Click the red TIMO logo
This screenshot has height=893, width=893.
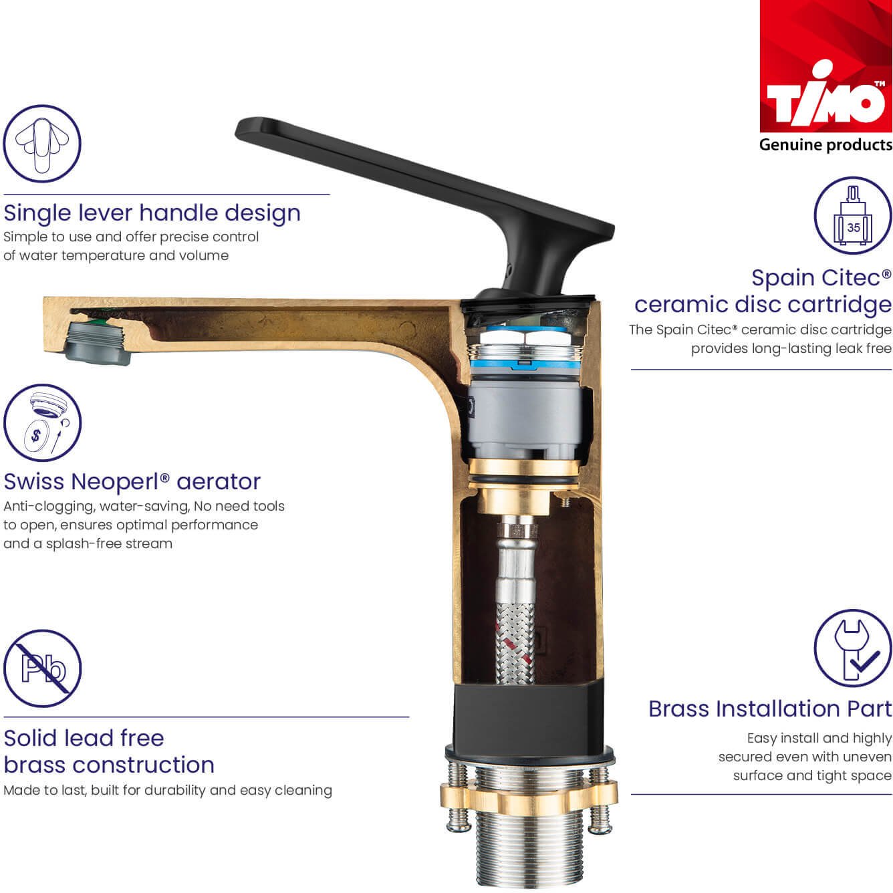(825, 66)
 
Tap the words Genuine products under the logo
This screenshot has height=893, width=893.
(825, 145)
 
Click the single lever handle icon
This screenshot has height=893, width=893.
(42, 144)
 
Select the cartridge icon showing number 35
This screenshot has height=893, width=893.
(853, 215)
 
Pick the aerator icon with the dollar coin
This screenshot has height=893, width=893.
(42, 422)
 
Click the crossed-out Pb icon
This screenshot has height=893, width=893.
(42, 668)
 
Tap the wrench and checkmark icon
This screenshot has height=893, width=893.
(853, 648)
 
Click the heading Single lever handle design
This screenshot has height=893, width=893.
(152, 214)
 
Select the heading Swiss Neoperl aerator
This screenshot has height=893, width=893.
(132, 481)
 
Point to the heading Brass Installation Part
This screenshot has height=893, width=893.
(770, 709)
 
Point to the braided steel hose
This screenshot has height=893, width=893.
(515, 642)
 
